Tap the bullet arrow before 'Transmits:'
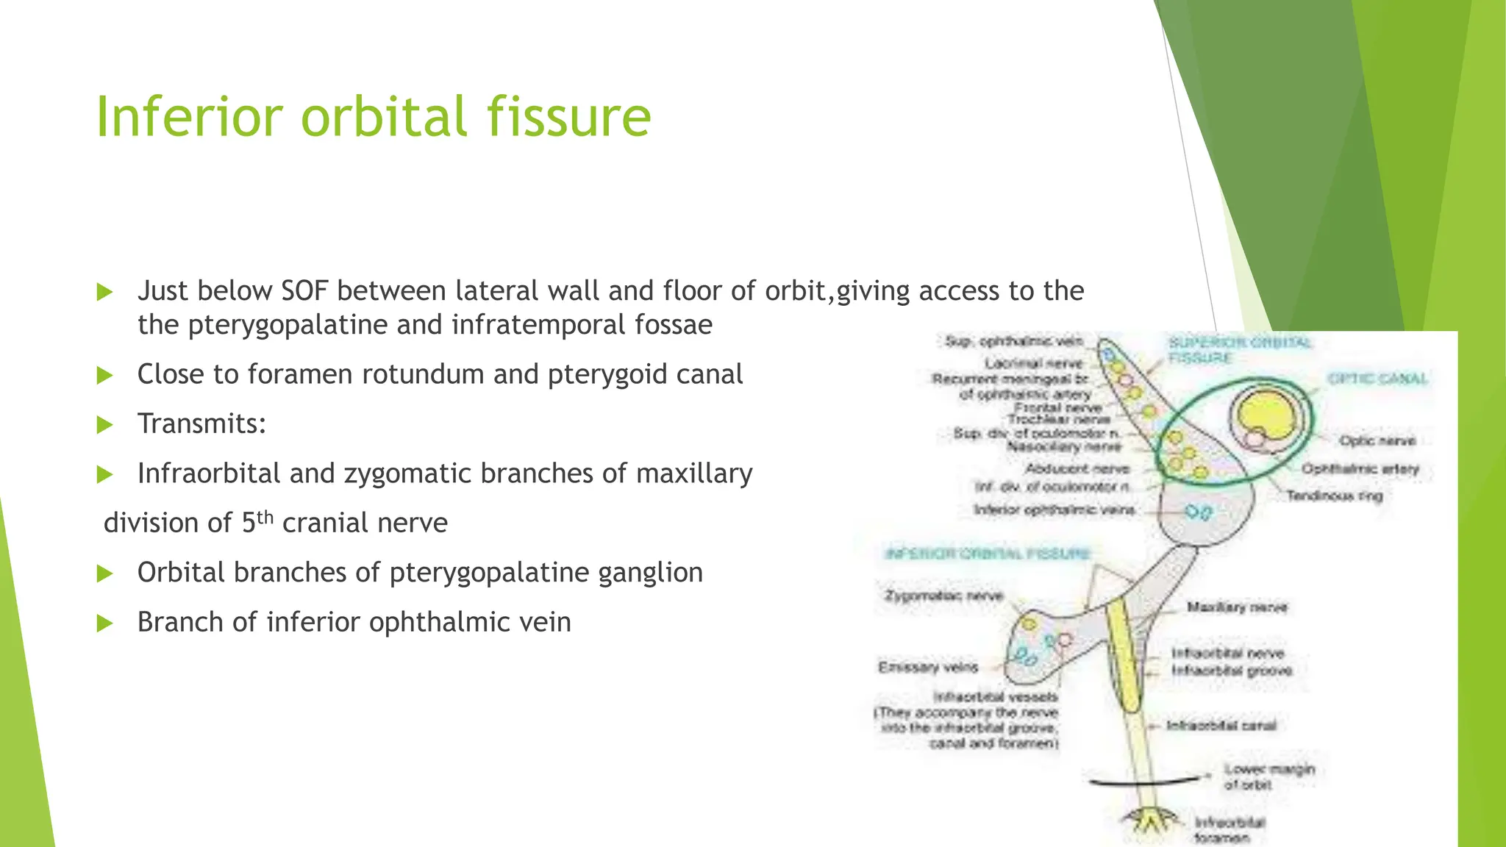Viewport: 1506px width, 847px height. pos(105,425)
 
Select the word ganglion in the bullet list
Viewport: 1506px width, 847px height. pos(650,573)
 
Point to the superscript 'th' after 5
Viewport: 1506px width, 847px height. pos(265,516)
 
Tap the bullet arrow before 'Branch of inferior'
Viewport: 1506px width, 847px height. pos(105,623)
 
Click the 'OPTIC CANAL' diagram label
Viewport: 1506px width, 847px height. pos(1377,379)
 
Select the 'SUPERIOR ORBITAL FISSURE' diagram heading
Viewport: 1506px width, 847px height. pos(1240,350)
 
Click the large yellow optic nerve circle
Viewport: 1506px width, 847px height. pos(1266,415)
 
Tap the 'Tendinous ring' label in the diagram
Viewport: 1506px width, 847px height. pos(1334,496)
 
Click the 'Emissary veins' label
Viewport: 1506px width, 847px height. pos(928,667)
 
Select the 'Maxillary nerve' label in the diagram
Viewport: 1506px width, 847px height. pos(1237,607)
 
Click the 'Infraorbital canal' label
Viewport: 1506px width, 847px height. pos(1221,726)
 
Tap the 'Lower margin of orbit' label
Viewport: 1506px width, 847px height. pos(1268,776)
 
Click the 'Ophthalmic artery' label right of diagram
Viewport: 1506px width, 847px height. pos(1360,469)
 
